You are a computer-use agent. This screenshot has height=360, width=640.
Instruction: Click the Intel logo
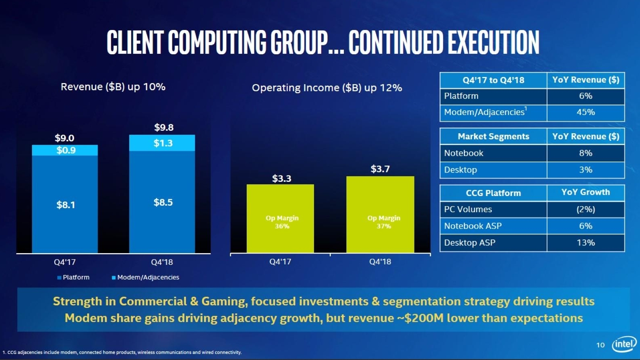click(x=624, y=344)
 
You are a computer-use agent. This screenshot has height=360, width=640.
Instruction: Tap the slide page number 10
click(x=600, y=345)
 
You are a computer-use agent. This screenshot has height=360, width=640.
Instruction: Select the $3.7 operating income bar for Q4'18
click(x=380, y=214)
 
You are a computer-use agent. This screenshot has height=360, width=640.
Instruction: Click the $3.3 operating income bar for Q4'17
click(x=280, y=218)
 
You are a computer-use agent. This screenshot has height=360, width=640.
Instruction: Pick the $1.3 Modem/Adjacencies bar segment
click(x=162, y=143)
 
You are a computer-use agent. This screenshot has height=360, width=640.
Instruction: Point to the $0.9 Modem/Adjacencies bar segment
click(x=65, y=150)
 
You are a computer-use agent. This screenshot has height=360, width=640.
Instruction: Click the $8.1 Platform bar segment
click(x=65, y=204)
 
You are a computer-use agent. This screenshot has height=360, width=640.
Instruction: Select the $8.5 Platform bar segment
click(x=162, y=202)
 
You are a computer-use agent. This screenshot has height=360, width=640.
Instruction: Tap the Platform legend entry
click(x=73, y=277)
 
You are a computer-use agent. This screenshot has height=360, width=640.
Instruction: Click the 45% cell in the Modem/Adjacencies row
click(x=586, y=112)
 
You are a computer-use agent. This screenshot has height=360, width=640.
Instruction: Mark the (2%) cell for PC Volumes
click(x=586, y=209)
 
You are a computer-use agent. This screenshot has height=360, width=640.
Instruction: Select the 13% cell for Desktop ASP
click(x=586, y=243)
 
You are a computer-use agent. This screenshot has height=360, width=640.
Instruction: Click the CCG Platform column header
click(x=493, y=193)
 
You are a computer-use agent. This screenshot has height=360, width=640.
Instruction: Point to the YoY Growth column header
click(x=586, y=192)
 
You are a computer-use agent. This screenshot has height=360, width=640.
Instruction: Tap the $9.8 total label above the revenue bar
click(x=164, y=128)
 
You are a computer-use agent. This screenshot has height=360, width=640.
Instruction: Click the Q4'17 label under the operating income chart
click(x=280, y=262)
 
